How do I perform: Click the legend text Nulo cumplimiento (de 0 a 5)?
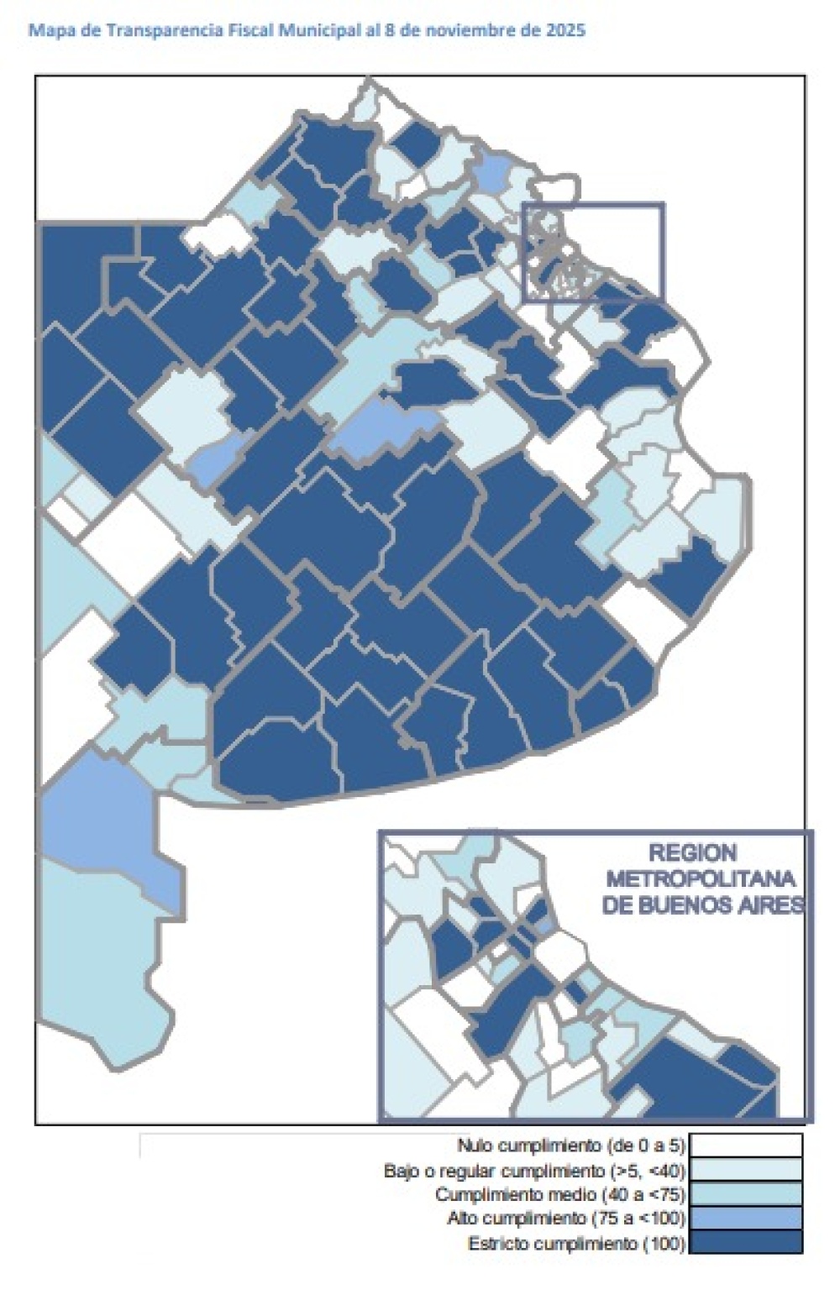[571, 1146]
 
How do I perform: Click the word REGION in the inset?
[692, 854]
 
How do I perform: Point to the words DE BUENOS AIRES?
[702, 905]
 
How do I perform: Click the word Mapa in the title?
[45, 31]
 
